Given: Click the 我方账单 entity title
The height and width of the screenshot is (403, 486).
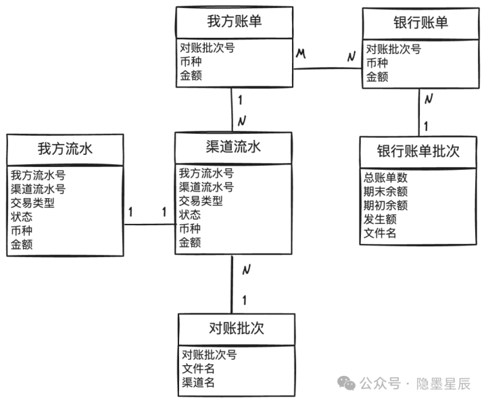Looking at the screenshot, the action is tap(235, 22).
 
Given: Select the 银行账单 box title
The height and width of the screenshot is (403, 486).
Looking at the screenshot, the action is tap(420, 22).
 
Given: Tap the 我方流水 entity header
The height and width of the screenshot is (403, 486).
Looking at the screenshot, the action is tap(65, 149).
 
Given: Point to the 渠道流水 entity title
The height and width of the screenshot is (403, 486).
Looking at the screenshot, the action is tap(233, 147).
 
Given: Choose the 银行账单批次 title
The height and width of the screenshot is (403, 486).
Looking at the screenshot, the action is tap(418, 151).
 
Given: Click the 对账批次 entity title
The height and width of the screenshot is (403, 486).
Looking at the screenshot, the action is tap(237, 329).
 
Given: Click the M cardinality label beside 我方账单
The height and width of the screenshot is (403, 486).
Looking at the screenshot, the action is tap(301, 53).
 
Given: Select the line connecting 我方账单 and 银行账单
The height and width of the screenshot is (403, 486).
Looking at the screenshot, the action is tap(328, 68).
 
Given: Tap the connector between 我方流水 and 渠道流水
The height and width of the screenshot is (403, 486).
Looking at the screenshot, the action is tap(149, 224).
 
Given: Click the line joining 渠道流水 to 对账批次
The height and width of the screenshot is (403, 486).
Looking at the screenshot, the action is tap(232, 284).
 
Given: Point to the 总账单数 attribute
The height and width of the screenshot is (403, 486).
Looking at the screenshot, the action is tap(385, 178).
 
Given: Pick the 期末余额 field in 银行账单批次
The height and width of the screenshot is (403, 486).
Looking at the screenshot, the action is tap(385, 191).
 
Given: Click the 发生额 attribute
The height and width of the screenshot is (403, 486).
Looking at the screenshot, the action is tap(380, 219).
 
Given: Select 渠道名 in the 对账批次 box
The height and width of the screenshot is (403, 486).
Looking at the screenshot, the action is tap(198, 382).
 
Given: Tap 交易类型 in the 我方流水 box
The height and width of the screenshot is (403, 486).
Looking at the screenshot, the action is tap(32, 203).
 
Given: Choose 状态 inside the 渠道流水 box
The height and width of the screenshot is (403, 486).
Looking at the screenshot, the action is tap(190, 214).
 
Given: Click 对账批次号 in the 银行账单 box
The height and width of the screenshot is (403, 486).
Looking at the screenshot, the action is tap(393, 49).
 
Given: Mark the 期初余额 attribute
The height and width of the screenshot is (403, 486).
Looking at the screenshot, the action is tap(385, 206).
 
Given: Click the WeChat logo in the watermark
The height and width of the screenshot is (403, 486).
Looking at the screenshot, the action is tap(346, 383).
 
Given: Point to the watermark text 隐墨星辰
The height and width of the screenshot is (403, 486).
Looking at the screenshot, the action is tap(443, 384).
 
